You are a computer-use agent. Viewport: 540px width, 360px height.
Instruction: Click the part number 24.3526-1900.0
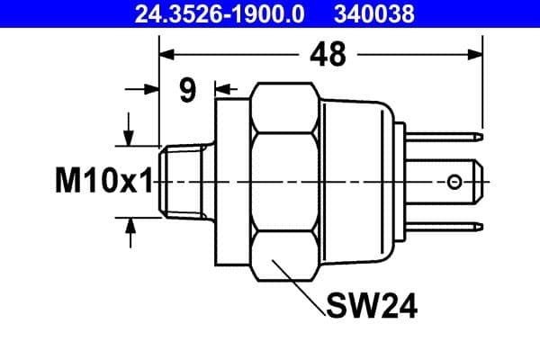(220, 13)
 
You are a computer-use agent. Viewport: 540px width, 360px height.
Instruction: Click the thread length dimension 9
(187, 90)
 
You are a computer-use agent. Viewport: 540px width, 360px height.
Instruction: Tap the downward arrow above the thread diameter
(130, 135)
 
